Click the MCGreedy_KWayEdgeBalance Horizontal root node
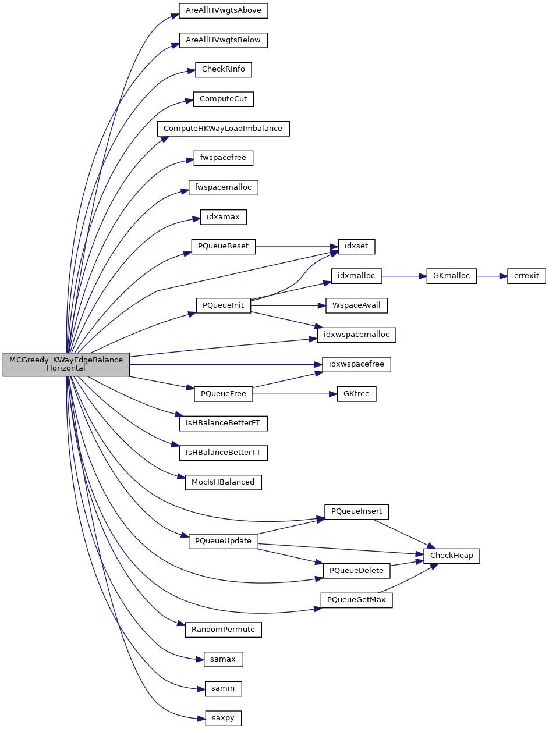click(x=66, y=364)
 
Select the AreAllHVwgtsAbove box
click(x=223, y=10)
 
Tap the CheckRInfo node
click(x=223, y=69)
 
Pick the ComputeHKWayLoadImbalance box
click(x=223, y=128)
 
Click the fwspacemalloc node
click(x=223, y=187)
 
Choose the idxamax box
click(x=223, y=217)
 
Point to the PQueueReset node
click(x=223, y=246)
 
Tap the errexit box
click(x=526, y=276)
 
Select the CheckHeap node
click(x=452, y=556)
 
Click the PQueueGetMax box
click(x=356, y=600)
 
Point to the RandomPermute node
click(x=223, y=630)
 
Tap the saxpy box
click(x=223, y=718)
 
